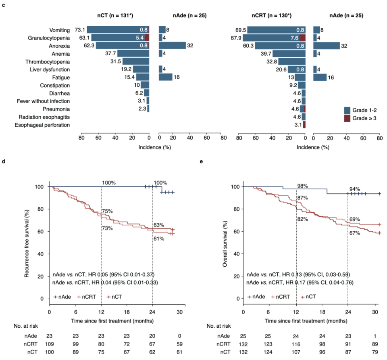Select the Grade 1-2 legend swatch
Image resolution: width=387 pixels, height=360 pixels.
[347, 110]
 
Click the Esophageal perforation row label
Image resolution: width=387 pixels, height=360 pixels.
[42, 125]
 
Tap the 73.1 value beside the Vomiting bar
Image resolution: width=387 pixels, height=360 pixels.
[79, 30]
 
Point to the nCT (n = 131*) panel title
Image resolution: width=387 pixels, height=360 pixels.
[115, 16]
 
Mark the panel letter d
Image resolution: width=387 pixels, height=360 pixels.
[4, 161]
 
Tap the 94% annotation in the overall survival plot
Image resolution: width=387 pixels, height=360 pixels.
[355, 189]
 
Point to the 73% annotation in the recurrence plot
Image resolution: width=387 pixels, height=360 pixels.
[107, 228]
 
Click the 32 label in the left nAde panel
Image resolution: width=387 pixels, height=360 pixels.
[191, 45]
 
